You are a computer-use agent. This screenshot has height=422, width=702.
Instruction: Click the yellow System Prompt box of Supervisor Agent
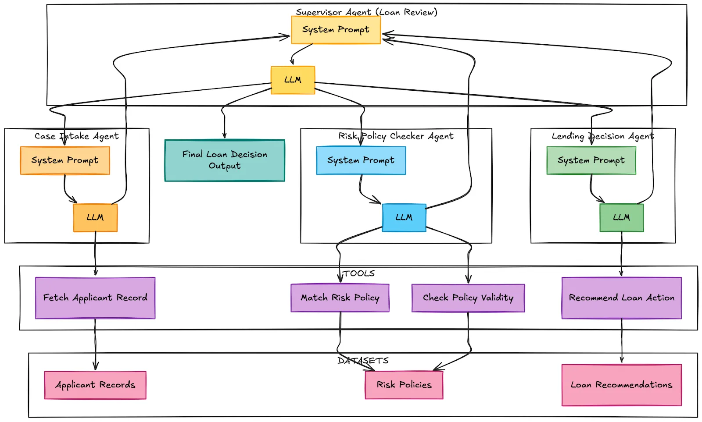[x=336, y=30]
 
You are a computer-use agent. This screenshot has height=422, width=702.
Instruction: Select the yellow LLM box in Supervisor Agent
[x=293, y=80]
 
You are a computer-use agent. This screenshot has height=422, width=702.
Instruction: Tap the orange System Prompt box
[x=65, y=160]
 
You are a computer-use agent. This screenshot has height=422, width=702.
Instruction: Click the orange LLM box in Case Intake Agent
[x=95, y=218]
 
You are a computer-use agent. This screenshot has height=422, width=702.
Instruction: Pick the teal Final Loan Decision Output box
[x=225, y=160]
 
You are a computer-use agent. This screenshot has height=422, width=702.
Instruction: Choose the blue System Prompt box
[x=361, y=160]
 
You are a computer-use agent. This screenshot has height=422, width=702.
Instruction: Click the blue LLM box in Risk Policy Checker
[x=404, y=218]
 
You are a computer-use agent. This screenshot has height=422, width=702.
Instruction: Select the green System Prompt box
[x=591, y=160]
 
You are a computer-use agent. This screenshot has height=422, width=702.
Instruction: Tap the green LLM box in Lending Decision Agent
[x=621, y=218]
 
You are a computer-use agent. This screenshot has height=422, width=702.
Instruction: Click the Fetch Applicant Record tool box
[x=95, y=298]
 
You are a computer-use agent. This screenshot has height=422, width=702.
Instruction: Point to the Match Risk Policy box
[x=340, y=298]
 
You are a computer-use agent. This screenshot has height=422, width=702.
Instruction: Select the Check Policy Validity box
[x=468, y=298]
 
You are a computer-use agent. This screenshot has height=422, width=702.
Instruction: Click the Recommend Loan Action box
[x=621, y=298]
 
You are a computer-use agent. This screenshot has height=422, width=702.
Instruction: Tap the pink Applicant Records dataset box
[x=95, y=385]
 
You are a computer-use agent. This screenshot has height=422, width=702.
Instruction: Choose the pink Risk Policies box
[x=404, y=385]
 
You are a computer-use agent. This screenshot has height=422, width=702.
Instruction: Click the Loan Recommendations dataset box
[x=621, y=385]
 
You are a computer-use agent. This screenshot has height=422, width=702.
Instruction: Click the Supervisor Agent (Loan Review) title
[x=366, y=12]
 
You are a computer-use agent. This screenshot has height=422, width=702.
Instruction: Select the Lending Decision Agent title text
[x=602, y=136]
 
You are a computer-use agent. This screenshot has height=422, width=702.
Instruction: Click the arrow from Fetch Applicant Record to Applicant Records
[x=95, y=344]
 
